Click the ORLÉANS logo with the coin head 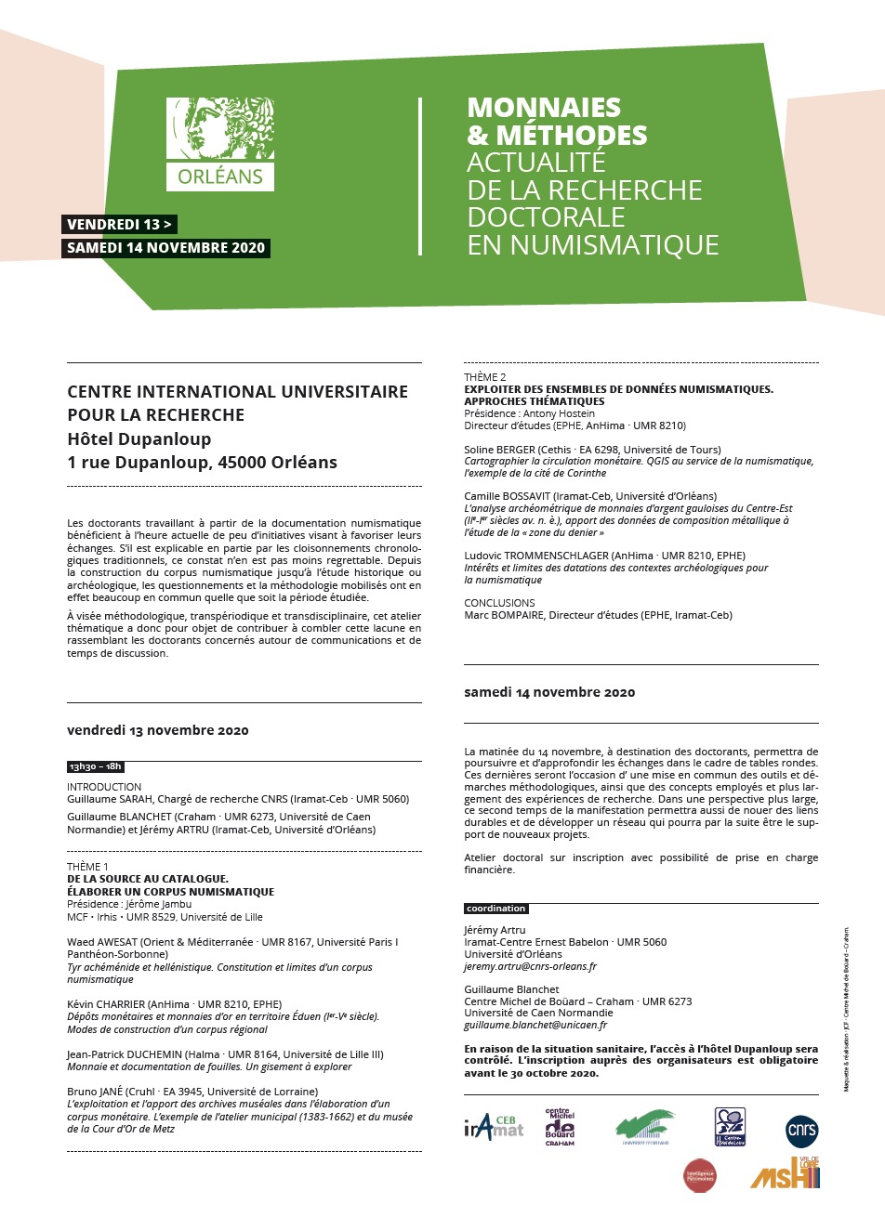220,144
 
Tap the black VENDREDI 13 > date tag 119,225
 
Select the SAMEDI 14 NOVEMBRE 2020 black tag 166,248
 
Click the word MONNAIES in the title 544,108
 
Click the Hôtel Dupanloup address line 139,438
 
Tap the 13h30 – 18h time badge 95,766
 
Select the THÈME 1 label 87,867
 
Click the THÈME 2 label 485,377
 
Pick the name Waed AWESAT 101,942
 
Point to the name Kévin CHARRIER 106,1004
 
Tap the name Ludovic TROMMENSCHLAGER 536,556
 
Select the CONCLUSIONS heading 499,603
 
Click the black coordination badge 496,909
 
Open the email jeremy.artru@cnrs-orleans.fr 530,966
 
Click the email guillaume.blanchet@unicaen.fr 535,1026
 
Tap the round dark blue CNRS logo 801,1130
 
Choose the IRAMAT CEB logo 494,1128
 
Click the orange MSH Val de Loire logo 786,1174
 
